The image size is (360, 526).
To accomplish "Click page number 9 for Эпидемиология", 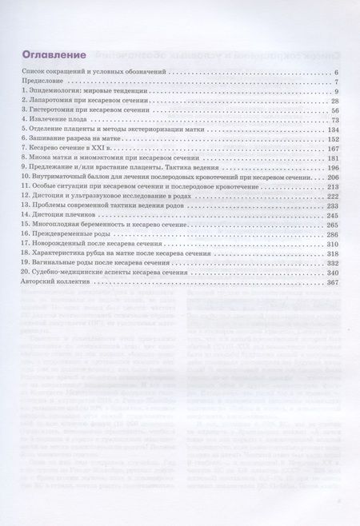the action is click(339, 94).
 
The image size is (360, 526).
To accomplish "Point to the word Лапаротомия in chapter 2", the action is click(49, 106).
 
